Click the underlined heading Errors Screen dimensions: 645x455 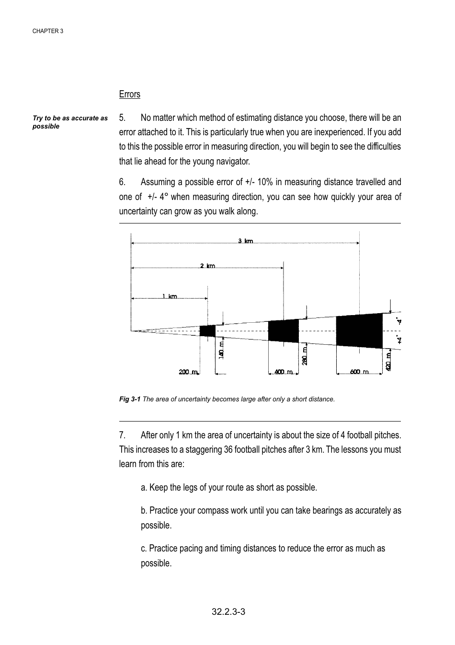pos(129,94)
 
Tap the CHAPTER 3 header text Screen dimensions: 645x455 pos(48,31)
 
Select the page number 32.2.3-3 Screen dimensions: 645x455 pos(228,611)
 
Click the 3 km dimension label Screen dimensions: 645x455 pos(245,241)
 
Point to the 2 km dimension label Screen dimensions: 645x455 pos(207,266)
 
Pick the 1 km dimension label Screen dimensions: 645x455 pos(169,296)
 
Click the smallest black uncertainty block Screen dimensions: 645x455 pos(207,330)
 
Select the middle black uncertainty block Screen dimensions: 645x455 pos(283,331)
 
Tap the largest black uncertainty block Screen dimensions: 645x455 pos(359,330)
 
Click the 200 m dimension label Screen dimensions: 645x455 pos(188,372)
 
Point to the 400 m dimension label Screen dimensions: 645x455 pos(283,372)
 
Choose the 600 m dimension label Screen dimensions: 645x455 pos(359,372)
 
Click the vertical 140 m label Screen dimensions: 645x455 pos(221,350)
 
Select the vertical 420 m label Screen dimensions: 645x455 pos(388,360)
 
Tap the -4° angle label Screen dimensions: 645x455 pos(398,322)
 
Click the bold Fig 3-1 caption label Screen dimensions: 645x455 pos(129,399)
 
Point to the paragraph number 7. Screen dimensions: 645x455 pos(122,435)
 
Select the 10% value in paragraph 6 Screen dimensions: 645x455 pos(265,182)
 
